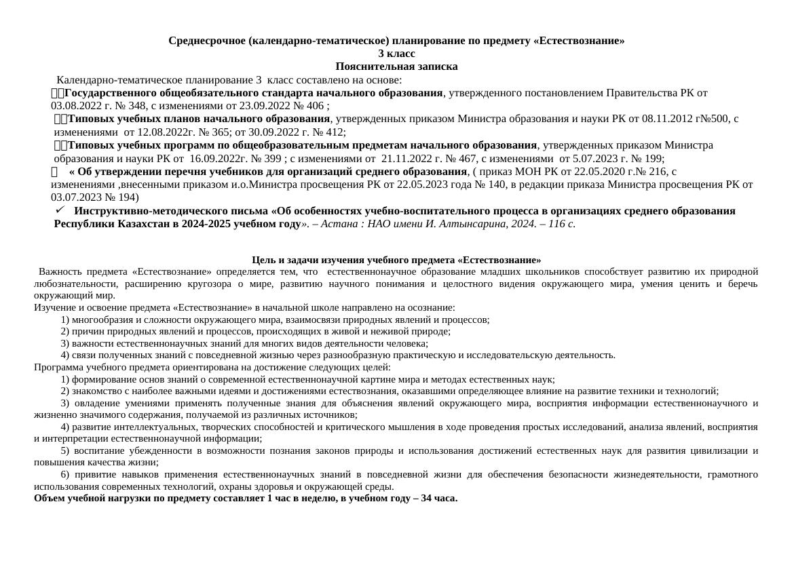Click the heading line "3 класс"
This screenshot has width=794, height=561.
[396, 54]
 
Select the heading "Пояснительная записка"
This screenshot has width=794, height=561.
[396, 66]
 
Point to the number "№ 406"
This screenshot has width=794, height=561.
[309, 106]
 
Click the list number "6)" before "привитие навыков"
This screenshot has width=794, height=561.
[65, 475]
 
